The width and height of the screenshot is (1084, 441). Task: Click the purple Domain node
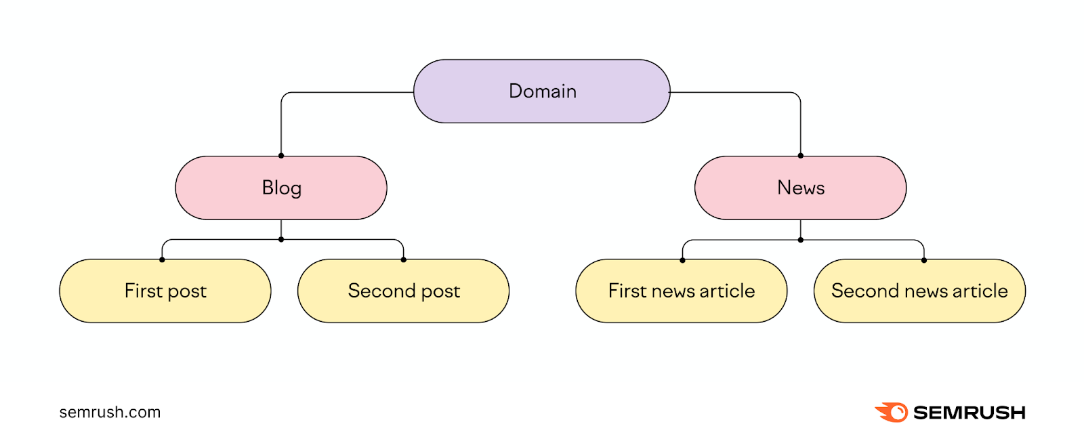pyautogui.click(x=541, y=91)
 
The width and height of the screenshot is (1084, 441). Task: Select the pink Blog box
pyautogui.click(x=281, y=188)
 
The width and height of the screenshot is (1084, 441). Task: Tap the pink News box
pyautogui.click(x=800, y=188)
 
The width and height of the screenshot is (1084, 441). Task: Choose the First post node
pyautogui.click(x=165, y=291)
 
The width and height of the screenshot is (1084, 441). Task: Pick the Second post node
pyautogui.click(x=404, y=291)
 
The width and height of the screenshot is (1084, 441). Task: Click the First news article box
pyautogui.click(x=682, y=291)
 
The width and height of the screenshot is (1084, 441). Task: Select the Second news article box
pyautogui.click(x=919, y=291)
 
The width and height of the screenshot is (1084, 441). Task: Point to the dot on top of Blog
pyautogui.click(x=281, y=156)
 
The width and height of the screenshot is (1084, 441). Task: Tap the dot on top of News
pyautogui.click(x=801, y=156)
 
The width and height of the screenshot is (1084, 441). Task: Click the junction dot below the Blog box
pyautogui.click(x=281, y=239)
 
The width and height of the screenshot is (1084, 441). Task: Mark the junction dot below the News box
pyautogui.click(x=801, y=240)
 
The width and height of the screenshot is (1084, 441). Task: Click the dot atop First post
pyautogui.click(x=162, y=259)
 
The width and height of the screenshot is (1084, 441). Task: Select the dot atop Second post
pyautogui.click(x=404, y=259)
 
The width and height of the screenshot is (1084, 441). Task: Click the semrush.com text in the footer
pyautogui.click(x=110, y=412)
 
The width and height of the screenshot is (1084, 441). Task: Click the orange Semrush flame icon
pyautogui.click(x=892, y=412)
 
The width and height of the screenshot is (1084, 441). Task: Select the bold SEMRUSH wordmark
pyautogui.click(x=969, y=413)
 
